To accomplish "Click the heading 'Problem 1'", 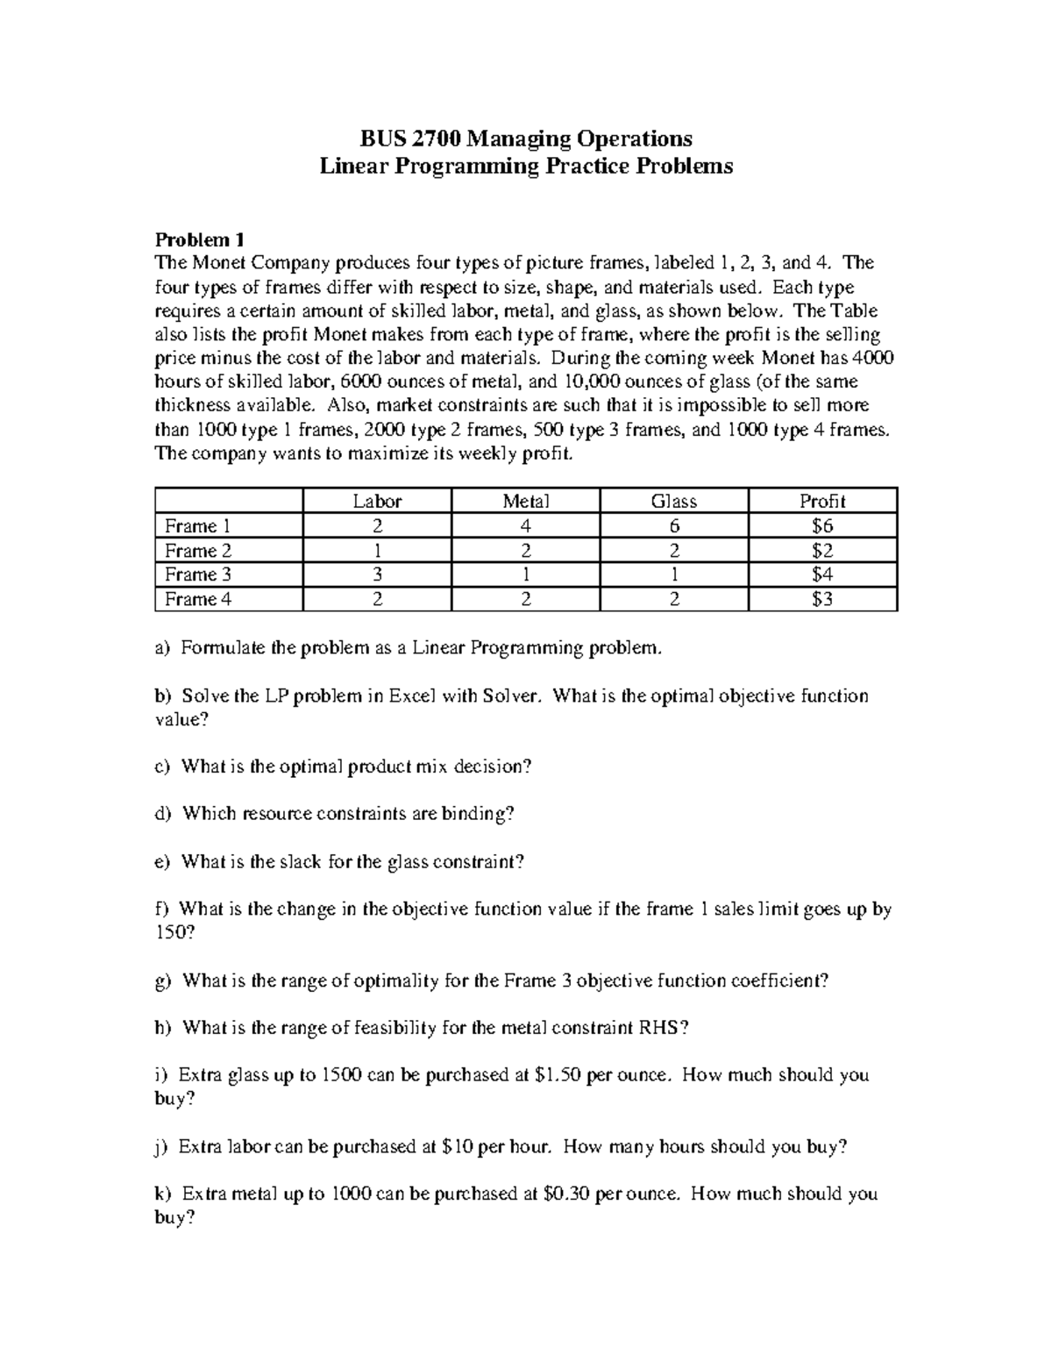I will coord(199,239).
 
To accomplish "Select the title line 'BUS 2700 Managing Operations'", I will coord(526,139).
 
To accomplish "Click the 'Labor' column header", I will coord(377,501).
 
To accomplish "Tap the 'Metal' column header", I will coord(525,501).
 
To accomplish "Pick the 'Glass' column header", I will coord(673,501).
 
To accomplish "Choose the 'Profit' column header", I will coord(821,501).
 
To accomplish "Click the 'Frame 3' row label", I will coord(198,574).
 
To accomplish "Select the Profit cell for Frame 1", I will coord(821,526).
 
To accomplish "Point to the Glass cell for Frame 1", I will coord(673,526).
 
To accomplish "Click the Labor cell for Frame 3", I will coord(377,574).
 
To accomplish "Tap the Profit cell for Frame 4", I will coord(821,599).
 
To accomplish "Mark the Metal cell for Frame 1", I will coord(525,526).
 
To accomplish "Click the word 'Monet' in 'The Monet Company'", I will coord(217,263).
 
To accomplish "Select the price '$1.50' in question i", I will coord(557,1075).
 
